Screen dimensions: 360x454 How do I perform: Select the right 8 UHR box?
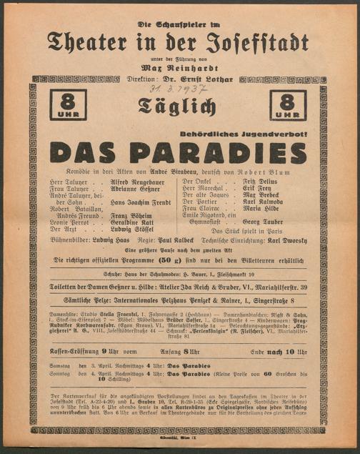tap(288, 105)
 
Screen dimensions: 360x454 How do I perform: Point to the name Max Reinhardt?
tap(179, 69)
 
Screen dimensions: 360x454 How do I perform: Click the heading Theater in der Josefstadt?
tap(179, 41)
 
